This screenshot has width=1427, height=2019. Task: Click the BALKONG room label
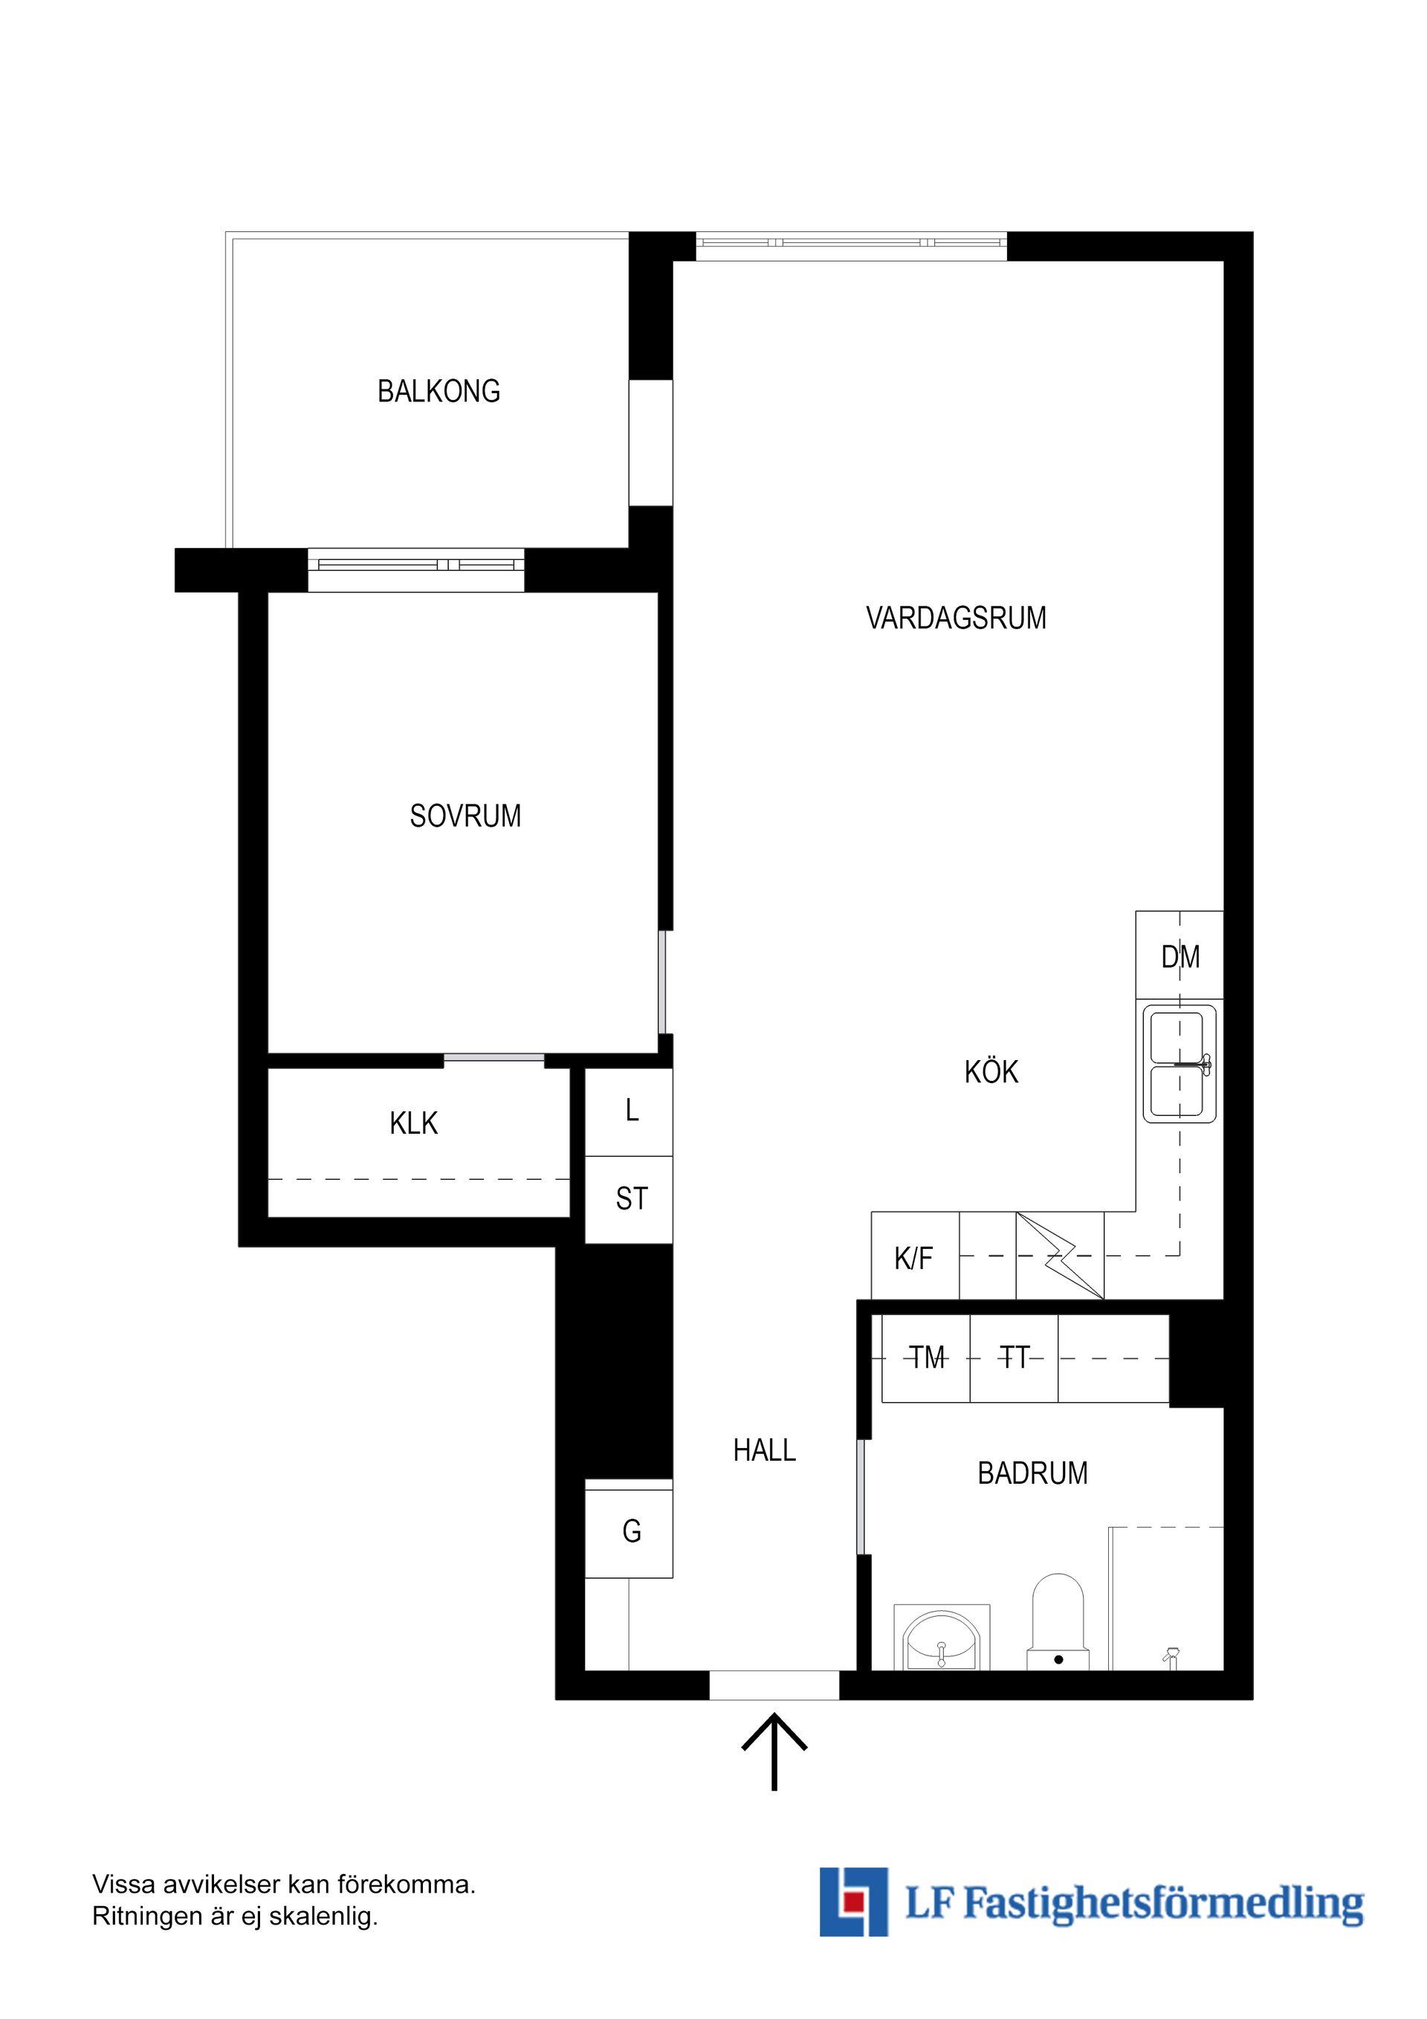point(438,391)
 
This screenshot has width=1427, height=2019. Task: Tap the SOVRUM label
point(465,816)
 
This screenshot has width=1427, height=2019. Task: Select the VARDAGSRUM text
point(956,618)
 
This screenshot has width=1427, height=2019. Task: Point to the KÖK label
point(991,1072)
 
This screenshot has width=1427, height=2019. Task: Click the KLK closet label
point(413,1123)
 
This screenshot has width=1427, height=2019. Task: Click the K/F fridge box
point(913,1259)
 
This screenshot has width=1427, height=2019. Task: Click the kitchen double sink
point(1179,1064)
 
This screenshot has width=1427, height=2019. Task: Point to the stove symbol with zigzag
point(1060,1256)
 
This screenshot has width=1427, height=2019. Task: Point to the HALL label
point(764,1450)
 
